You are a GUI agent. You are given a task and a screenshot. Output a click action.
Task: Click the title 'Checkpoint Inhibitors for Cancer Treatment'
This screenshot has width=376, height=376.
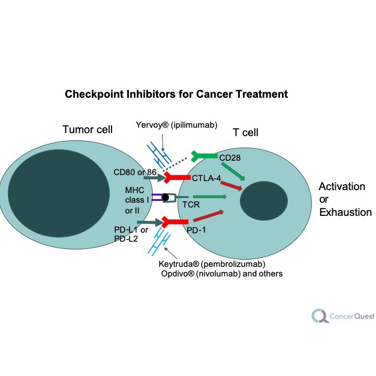(176, 94)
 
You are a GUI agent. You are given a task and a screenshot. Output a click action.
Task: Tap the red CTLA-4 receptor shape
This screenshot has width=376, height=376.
(176, 178)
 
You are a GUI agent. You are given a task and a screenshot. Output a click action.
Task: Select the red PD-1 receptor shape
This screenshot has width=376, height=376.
(175, 222)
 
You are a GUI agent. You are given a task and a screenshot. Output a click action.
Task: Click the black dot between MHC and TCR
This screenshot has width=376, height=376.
(165, 197)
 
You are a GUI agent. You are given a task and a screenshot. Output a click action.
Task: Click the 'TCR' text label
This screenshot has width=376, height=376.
(191, 204)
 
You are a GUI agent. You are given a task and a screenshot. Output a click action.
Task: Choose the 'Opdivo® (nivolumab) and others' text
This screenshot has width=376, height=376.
(221, 274)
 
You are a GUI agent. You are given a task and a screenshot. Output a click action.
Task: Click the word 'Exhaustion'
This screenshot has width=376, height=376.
(345, 212)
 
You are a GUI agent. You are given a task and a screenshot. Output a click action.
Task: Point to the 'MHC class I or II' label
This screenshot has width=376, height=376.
(136, 200)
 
